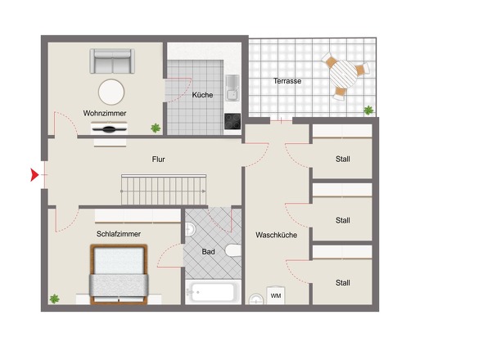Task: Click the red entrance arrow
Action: point(34,175)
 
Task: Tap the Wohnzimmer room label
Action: point(105,114)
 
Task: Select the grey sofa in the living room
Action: point(112,61)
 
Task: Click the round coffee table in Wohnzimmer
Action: point(111,92)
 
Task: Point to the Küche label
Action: point(202,95)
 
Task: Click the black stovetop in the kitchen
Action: point(232,121)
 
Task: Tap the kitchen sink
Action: point(232,88)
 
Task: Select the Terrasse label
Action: point(287,81)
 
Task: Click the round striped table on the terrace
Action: point(343,74)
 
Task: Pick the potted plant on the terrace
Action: point(368,110)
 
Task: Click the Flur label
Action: point(158,160)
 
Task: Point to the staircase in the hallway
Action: point(164,190)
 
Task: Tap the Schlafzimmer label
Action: point(119,234)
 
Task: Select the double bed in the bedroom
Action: point(119,274)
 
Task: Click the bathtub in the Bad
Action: point(213,292)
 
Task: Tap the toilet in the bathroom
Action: point(233,250)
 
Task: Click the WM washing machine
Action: point(276,295)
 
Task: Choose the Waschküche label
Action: point(277,235)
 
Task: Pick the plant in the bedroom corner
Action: point(55,299)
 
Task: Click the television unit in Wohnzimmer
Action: point(110,128)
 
